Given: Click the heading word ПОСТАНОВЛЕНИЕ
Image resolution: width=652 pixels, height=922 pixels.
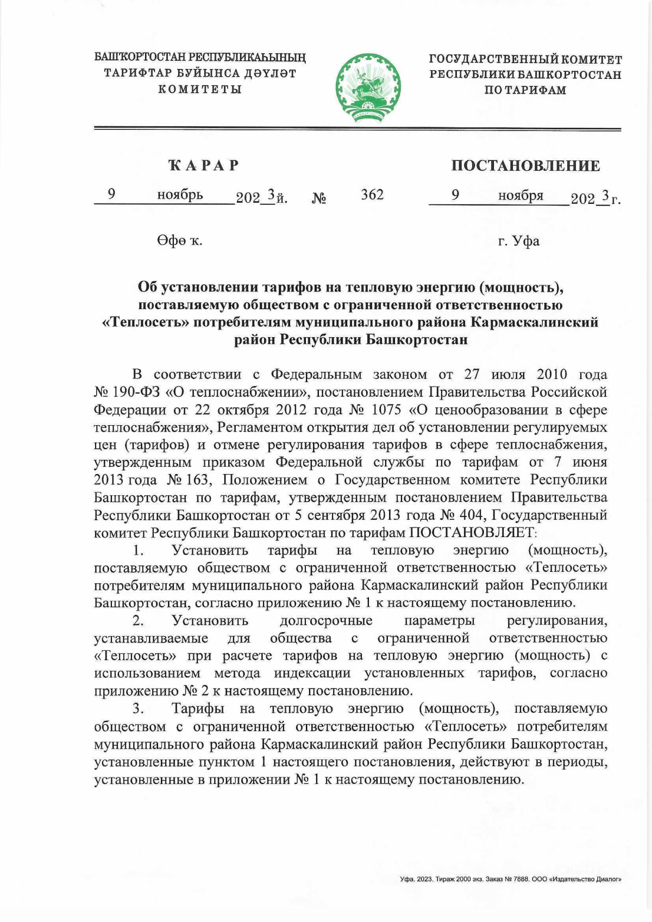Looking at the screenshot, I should (525, 166).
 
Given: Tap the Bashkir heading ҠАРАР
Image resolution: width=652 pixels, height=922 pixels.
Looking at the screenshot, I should (204, 165).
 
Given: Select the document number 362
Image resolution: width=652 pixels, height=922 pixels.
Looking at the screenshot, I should (372, 195).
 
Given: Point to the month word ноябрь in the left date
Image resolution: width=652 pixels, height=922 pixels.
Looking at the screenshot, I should (180, 195).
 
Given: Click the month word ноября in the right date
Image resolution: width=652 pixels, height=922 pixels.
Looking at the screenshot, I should (521, 195).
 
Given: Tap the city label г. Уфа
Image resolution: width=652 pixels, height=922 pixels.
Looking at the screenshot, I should (518, 241).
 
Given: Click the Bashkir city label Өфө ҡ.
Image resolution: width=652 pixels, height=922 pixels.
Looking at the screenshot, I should (180, 241).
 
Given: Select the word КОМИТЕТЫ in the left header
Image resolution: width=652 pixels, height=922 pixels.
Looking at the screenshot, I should (200, 89).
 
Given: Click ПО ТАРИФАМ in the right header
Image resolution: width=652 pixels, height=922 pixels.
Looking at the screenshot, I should (525, 90).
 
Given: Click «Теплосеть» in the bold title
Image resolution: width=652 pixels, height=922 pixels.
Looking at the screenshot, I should (146, 322).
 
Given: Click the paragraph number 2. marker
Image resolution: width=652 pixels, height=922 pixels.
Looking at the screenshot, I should (138, 621).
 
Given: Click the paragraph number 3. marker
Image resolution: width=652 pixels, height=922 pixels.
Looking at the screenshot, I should (138, 709).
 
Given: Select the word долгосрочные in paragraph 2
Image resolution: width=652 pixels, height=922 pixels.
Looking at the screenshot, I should (326, 621).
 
